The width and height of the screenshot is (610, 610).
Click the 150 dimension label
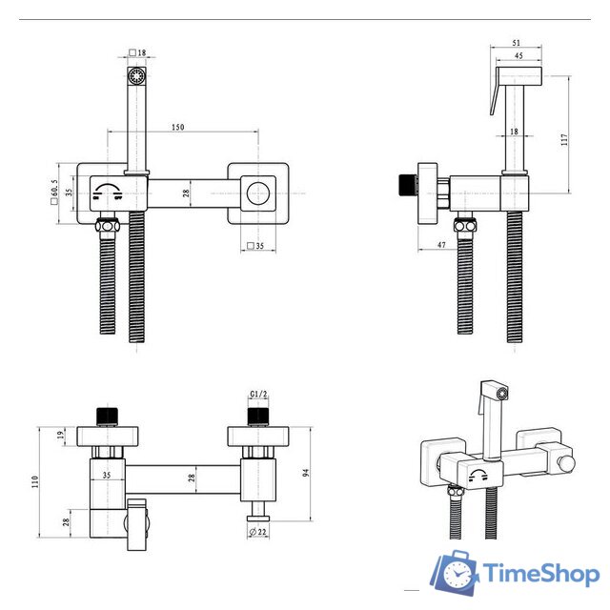click(x=178, y=127)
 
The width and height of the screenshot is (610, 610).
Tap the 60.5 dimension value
click(x=54, y=189)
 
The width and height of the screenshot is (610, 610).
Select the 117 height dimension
click(x=564, y=140)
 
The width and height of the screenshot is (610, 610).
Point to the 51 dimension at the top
click(x=516, y=43)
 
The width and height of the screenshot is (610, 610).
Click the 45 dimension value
click(x=518, y=55)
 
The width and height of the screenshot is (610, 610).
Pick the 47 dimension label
click(x=441, y=245)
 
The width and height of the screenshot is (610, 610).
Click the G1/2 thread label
click(x=258, y=394)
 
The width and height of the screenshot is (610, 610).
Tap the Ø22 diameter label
click(x=258, y=532)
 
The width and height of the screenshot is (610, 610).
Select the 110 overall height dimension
click(x=35, y=482)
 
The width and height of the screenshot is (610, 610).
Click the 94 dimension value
click(x=306, y=473)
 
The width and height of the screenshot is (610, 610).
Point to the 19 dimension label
click(x=60, y=436)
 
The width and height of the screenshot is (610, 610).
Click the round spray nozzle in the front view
click(x=136, y=74)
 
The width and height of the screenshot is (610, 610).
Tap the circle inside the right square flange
click(x=258, y=193)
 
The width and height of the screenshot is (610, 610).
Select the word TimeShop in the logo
click(x=540, y=574)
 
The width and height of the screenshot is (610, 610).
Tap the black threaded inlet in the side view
click(x=407, y=185)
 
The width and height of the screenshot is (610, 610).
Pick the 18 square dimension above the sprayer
click(x=137, y=52)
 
